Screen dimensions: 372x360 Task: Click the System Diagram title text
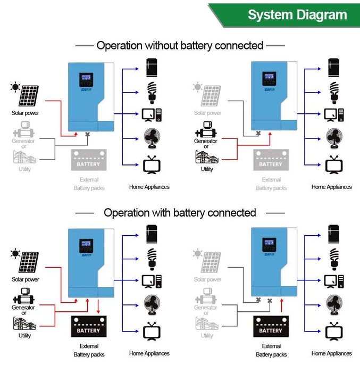click(x=297, y=14)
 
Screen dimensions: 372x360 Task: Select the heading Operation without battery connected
click(x=180, y=46)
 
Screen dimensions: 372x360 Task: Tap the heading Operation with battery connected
click(x=180, y=213)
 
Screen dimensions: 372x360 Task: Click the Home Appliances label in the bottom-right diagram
click(x=331, y=353)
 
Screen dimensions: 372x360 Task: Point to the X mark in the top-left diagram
click(x=87, y=134)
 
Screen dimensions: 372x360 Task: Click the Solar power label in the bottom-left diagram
click(x=26, y=279)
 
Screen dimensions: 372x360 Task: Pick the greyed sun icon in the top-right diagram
click(x=198, y=87)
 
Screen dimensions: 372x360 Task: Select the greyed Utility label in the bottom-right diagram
click(x=207, y=336)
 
